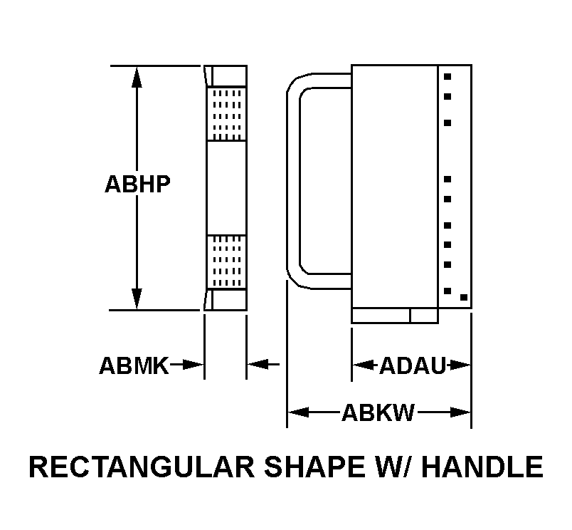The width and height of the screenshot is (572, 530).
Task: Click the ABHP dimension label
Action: click(137, 184)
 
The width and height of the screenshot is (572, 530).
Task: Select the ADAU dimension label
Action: click(413, 366)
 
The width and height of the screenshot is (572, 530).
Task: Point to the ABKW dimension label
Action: click(378, 412)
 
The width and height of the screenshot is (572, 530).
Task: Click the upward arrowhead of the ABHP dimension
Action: click(137, 76)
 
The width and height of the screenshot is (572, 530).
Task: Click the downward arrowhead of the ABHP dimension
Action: click(137, 299)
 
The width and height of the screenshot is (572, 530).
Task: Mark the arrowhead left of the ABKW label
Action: click(298, 412)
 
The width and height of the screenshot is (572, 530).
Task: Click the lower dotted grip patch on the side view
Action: click(226, 261)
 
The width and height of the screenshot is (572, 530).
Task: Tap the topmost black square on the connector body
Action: click(447, 76)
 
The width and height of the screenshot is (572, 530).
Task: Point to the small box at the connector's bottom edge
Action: click(423, 316)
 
